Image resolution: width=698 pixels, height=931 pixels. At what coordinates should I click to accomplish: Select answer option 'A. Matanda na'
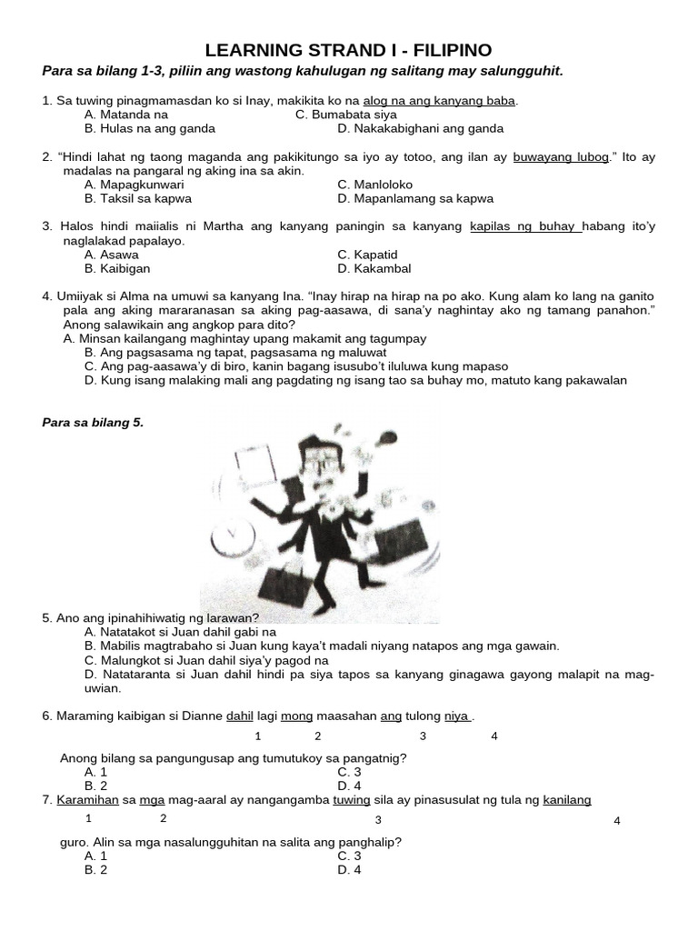126,115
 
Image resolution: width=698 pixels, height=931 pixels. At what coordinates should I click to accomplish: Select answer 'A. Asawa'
112,255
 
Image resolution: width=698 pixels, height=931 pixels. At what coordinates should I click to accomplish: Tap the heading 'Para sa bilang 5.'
94,423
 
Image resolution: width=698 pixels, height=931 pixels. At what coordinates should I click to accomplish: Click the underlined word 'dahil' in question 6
239,716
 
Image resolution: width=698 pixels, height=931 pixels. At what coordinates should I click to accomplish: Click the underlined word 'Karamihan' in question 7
87,800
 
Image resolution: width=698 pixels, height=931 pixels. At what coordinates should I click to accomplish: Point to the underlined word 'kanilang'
567,800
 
